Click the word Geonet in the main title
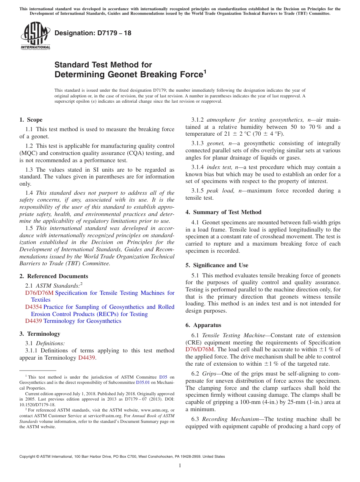click(122, 75)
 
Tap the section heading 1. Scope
click(31, 120)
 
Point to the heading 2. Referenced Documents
click(53, 276)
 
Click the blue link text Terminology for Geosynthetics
click(82, 321)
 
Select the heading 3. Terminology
click(39, 334)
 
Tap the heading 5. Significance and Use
click(217, 265)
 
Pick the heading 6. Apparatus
click(203, 325)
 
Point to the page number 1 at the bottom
click(180, 465)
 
